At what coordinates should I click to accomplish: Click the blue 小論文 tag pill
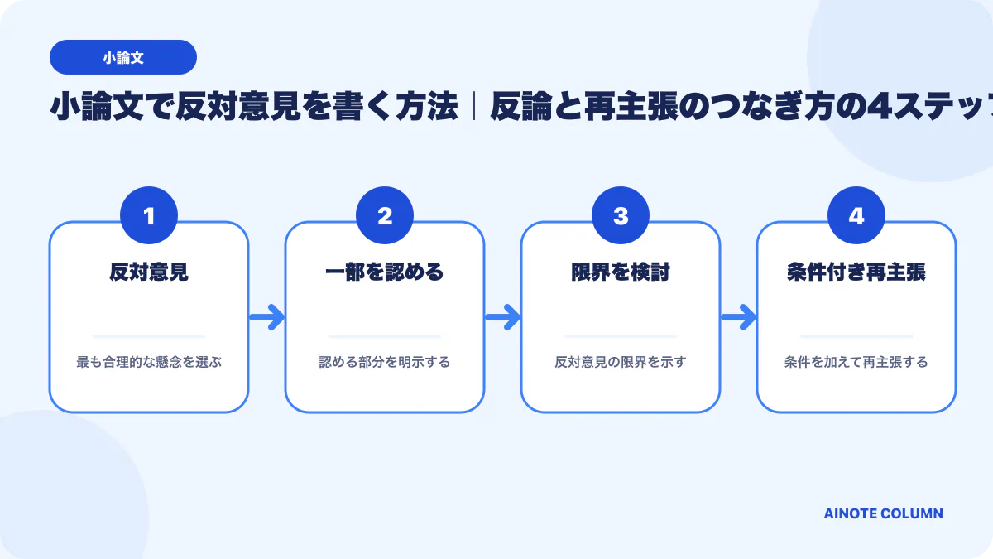[x=123, y=57]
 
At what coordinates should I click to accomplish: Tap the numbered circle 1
[x=149, y=215]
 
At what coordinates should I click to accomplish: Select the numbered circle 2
[x=385, y=215]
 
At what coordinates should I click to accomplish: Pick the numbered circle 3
[x=621, y=215]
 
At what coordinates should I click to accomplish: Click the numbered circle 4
[x=856, y=215]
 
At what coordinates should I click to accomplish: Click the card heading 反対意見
[x=149, y=272]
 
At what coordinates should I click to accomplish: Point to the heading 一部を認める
[x=385, y=272]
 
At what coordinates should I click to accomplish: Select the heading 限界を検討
[x=621, y=272]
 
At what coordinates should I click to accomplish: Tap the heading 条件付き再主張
[x=856, y=272]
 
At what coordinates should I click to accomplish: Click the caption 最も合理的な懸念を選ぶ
[x=149, y=362]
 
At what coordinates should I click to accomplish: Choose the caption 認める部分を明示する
[x=385, y=362]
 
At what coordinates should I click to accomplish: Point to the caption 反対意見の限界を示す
[x=621, y=362]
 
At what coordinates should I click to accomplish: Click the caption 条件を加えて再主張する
[x=856, y=362]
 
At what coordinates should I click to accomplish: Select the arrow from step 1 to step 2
[x=266, y=317]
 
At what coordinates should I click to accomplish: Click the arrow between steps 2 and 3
[x=503, y=317]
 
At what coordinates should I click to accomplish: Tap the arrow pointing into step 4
[x=738, y=317]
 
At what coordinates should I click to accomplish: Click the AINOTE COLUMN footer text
[x=884, y=513]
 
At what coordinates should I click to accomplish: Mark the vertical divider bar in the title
[x=474, y=106]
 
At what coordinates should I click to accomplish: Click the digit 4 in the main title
[x=880, y=107]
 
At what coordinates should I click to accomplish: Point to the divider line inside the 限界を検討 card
[x=621, y=336]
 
